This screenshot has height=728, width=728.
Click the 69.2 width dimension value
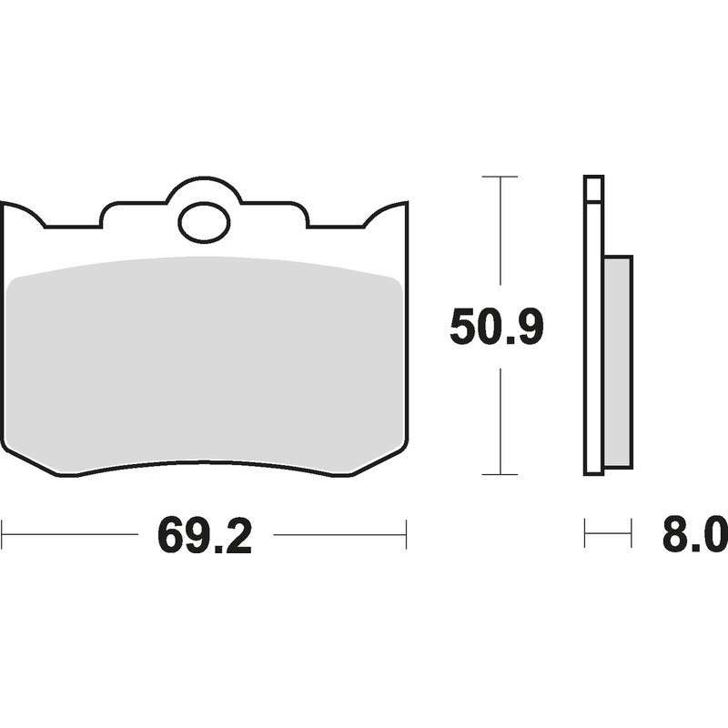pyautogui.click(x=204, y=536)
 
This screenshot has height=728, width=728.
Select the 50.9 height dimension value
pyautogui.click(x=496, y=327)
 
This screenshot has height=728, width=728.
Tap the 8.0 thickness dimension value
pyautogui.click(x=694, y=535)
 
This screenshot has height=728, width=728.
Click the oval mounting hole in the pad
pyautogui.click(x=204, y=222)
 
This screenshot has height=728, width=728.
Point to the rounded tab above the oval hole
pyautogui.click(x=204, y=186)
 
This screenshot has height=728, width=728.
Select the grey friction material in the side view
pyautogui.click(x=618, y=361)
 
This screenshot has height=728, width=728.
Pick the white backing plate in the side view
pyautogui.click(x=594, y=338)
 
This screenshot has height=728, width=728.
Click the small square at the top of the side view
pyautogui.click(x=594, y=188)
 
